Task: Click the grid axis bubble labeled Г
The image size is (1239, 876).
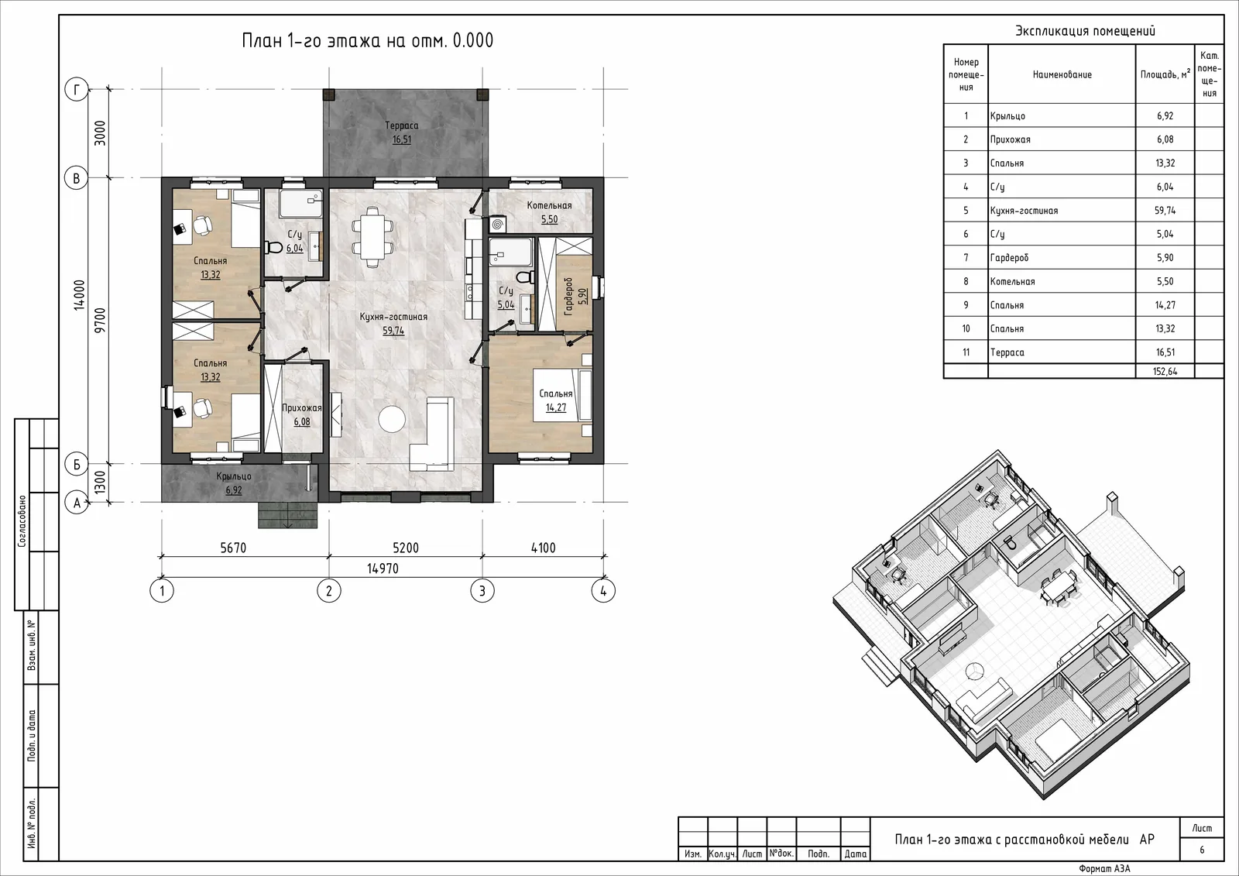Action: (77, 89)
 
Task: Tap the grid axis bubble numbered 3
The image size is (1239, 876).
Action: (482, 591)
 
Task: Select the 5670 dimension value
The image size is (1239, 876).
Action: (233, 548)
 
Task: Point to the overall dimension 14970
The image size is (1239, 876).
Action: (383, 569)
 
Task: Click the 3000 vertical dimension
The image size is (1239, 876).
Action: (100, 132)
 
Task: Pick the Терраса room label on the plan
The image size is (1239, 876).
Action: (402, 125)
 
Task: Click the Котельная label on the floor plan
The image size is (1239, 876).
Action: (549, 205)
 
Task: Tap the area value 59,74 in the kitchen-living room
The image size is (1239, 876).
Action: (393, 331)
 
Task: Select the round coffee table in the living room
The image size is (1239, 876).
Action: (393, 419)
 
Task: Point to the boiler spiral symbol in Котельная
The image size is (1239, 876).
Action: (497, 225)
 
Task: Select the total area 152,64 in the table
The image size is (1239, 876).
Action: (1165, 371)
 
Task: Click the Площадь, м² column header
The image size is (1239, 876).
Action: (1165, 74)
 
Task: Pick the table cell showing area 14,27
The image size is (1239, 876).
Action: (1165, 305)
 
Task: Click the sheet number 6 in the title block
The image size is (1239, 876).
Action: (1201, 850)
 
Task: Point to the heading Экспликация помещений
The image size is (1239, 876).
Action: (1085, 31)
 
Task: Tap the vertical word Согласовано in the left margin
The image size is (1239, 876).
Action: (22, 520)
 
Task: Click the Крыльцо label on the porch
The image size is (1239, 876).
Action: (234, 476)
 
